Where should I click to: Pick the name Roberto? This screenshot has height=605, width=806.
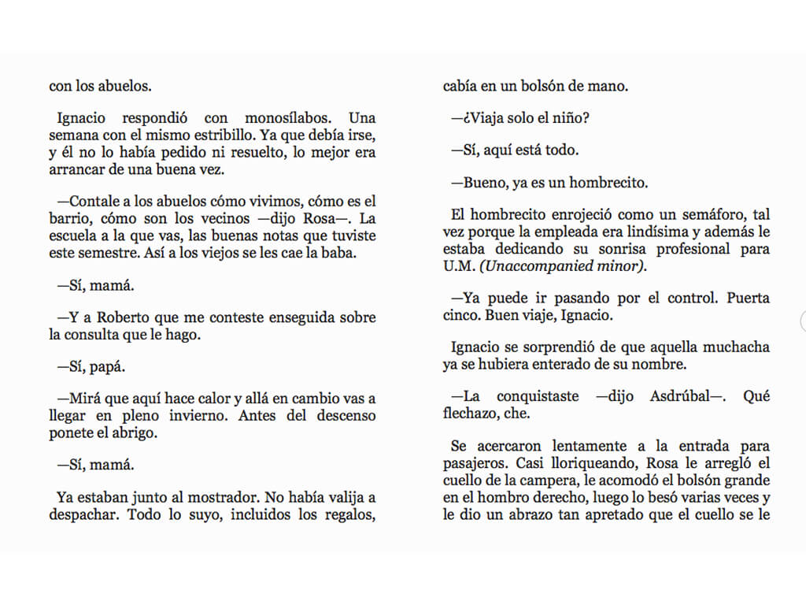121,317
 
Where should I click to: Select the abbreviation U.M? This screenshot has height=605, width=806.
457,266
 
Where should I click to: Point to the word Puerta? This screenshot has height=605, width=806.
748,299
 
